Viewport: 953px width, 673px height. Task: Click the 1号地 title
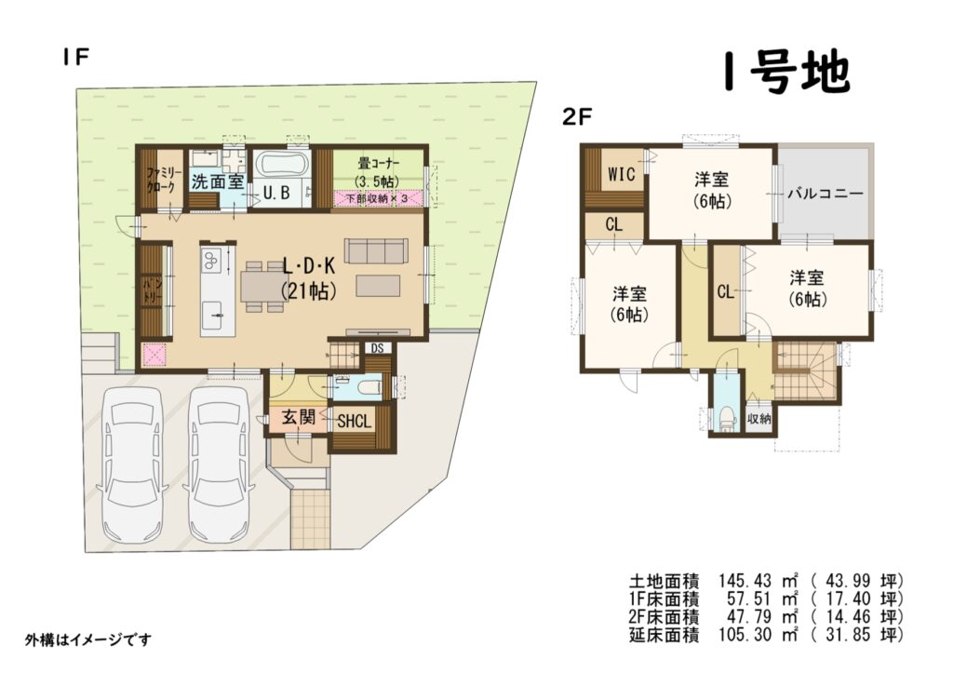(x=786, y=72)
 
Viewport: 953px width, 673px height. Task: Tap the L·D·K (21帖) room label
(x=309, y=278)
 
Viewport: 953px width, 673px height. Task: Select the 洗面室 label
(x=218, y=182)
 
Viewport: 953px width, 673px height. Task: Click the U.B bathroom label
(x=276, y=194)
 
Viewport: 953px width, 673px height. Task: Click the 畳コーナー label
(x=378, y=164)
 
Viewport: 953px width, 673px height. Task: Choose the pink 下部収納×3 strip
(x=378, y=198)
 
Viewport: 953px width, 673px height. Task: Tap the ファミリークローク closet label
(x=161, y=180)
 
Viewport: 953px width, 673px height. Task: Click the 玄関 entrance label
(x=299, y=417)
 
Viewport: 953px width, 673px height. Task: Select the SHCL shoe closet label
(x=355, y=422)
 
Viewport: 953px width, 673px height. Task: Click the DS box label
(x=377, y=348)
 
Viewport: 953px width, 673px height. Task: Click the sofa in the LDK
(x=377, y=250)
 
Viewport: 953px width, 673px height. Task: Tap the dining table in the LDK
(x=262, y=287)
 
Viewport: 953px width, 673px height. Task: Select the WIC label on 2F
(x=621, y=174)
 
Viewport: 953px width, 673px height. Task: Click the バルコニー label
(x=825, y=194)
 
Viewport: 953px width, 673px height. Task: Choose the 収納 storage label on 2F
(x=759, y=418)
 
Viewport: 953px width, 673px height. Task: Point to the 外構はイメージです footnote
(x=88, y=639)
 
